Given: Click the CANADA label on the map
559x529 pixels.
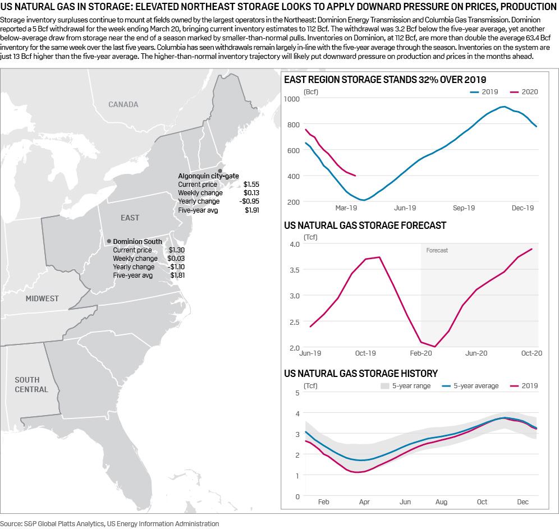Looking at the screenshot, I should pos(123,104).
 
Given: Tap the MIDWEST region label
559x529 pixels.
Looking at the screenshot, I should pos(42,298).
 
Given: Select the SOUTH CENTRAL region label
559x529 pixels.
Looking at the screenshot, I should pos(31,384).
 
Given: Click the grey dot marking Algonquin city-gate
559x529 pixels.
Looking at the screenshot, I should pos(220,170).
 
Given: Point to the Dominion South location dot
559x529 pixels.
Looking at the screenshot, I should pos(109,241).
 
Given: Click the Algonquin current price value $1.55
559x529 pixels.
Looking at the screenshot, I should pos(251,184).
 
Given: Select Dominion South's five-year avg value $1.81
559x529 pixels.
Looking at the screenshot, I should pos(177,275).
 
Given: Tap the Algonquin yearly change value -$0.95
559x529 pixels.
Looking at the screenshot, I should pos(250,201).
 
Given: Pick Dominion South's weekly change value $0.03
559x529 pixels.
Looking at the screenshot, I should pos(177,259).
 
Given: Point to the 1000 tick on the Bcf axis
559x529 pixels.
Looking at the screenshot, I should pos(293,99).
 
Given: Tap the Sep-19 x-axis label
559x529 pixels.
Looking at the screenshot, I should pos(464,208).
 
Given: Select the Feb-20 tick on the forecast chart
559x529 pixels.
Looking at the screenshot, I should pos(421,353).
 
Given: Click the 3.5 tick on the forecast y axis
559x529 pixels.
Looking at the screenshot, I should pos(294,270).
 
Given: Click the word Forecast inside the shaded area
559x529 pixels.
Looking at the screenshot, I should pos(437,250).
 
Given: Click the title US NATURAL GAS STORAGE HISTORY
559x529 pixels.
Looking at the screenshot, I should pos(361,373).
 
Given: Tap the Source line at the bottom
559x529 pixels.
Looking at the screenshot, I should pos(109,523).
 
